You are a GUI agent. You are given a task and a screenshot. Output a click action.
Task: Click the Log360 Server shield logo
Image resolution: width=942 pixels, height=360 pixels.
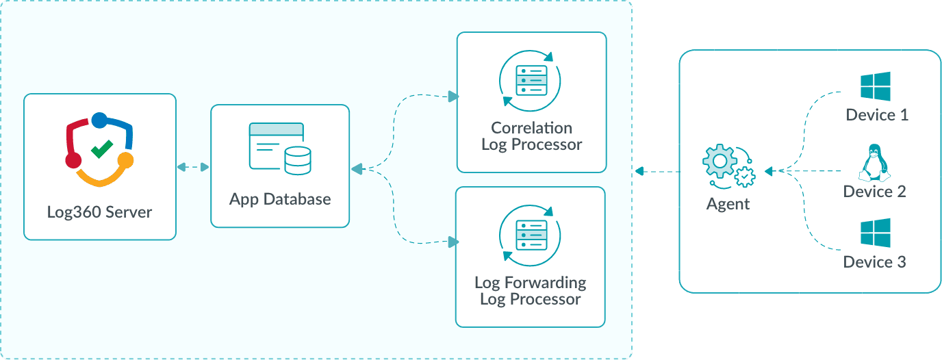[100, 149]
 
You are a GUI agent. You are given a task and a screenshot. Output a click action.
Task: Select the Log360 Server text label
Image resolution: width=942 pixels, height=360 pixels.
[100, 211]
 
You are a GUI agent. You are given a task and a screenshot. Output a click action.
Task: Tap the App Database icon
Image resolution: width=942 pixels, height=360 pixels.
[280, 148]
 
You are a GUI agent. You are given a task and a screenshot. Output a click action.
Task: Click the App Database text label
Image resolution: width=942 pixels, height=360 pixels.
[280, 199]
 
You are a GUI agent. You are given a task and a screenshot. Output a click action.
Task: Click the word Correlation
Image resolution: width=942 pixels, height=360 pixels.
[531, 128]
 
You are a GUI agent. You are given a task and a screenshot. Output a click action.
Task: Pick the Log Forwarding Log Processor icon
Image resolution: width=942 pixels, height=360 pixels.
[531, 235]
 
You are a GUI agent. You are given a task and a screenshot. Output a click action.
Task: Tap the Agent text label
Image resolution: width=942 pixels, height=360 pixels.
[728, 204]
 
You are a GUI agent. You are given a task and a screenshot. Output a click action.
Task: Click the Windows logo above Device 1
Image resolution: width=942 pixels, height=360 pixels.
[876, 87]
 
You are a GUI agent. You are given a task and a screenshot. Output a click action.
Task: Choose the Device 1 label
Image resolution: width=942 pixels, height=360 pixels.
[877, 115]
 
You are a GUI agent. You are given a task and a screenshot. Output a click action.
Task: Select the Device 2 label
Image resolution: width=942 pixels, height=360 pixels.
[874, 192]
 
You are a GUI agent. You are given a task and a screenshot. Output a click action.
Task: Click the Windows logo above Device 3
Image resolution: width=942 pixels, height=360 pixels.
[876, 233]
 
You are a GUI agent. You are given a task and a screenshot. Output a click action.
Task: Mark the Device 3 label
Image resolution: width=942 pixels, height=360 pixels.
[874, 262]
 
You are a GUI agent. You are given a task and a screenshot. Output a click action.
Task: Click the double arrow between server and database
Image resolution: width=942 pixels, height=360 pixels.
[193, 166]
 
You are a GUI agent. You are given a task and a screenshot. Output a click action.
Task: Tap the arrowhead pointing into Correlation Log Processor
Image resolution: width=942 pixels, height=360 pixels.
[452, 97]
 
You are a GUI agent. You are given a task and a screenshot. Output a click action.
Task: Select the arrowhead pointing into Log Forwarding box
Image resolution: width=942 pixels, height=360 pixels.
[452, 242]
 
